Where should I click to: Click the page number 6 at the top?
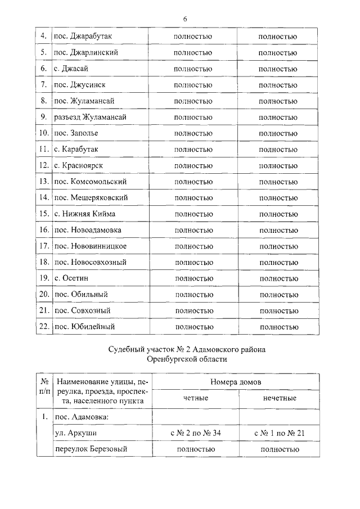pyautogui.click(x=184, y=19)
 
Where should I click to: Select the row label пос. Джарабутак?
pyautogui.click(x=83, y=37)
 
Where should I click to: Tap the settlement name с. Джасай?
pyautogui.click(x=71, y=69)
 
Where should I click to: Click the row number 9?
pyautogui.click(x=43, y=117)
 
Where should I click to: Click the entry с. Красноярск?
pyautogui.click(x=79, y=165)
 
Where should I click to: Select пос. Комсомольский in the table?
pyautogui.click(x=90, y=182)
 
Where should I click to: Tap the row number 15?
pyautogui.click(x=43, y=214)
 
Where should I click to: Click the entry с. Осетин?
pyautogui.click(x=71, y=278)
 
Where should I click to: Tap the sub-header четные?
pyautogui.click(x=196, y=398)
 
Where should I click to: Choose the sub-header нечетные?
pyautogui.click(x=280, y=398)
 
